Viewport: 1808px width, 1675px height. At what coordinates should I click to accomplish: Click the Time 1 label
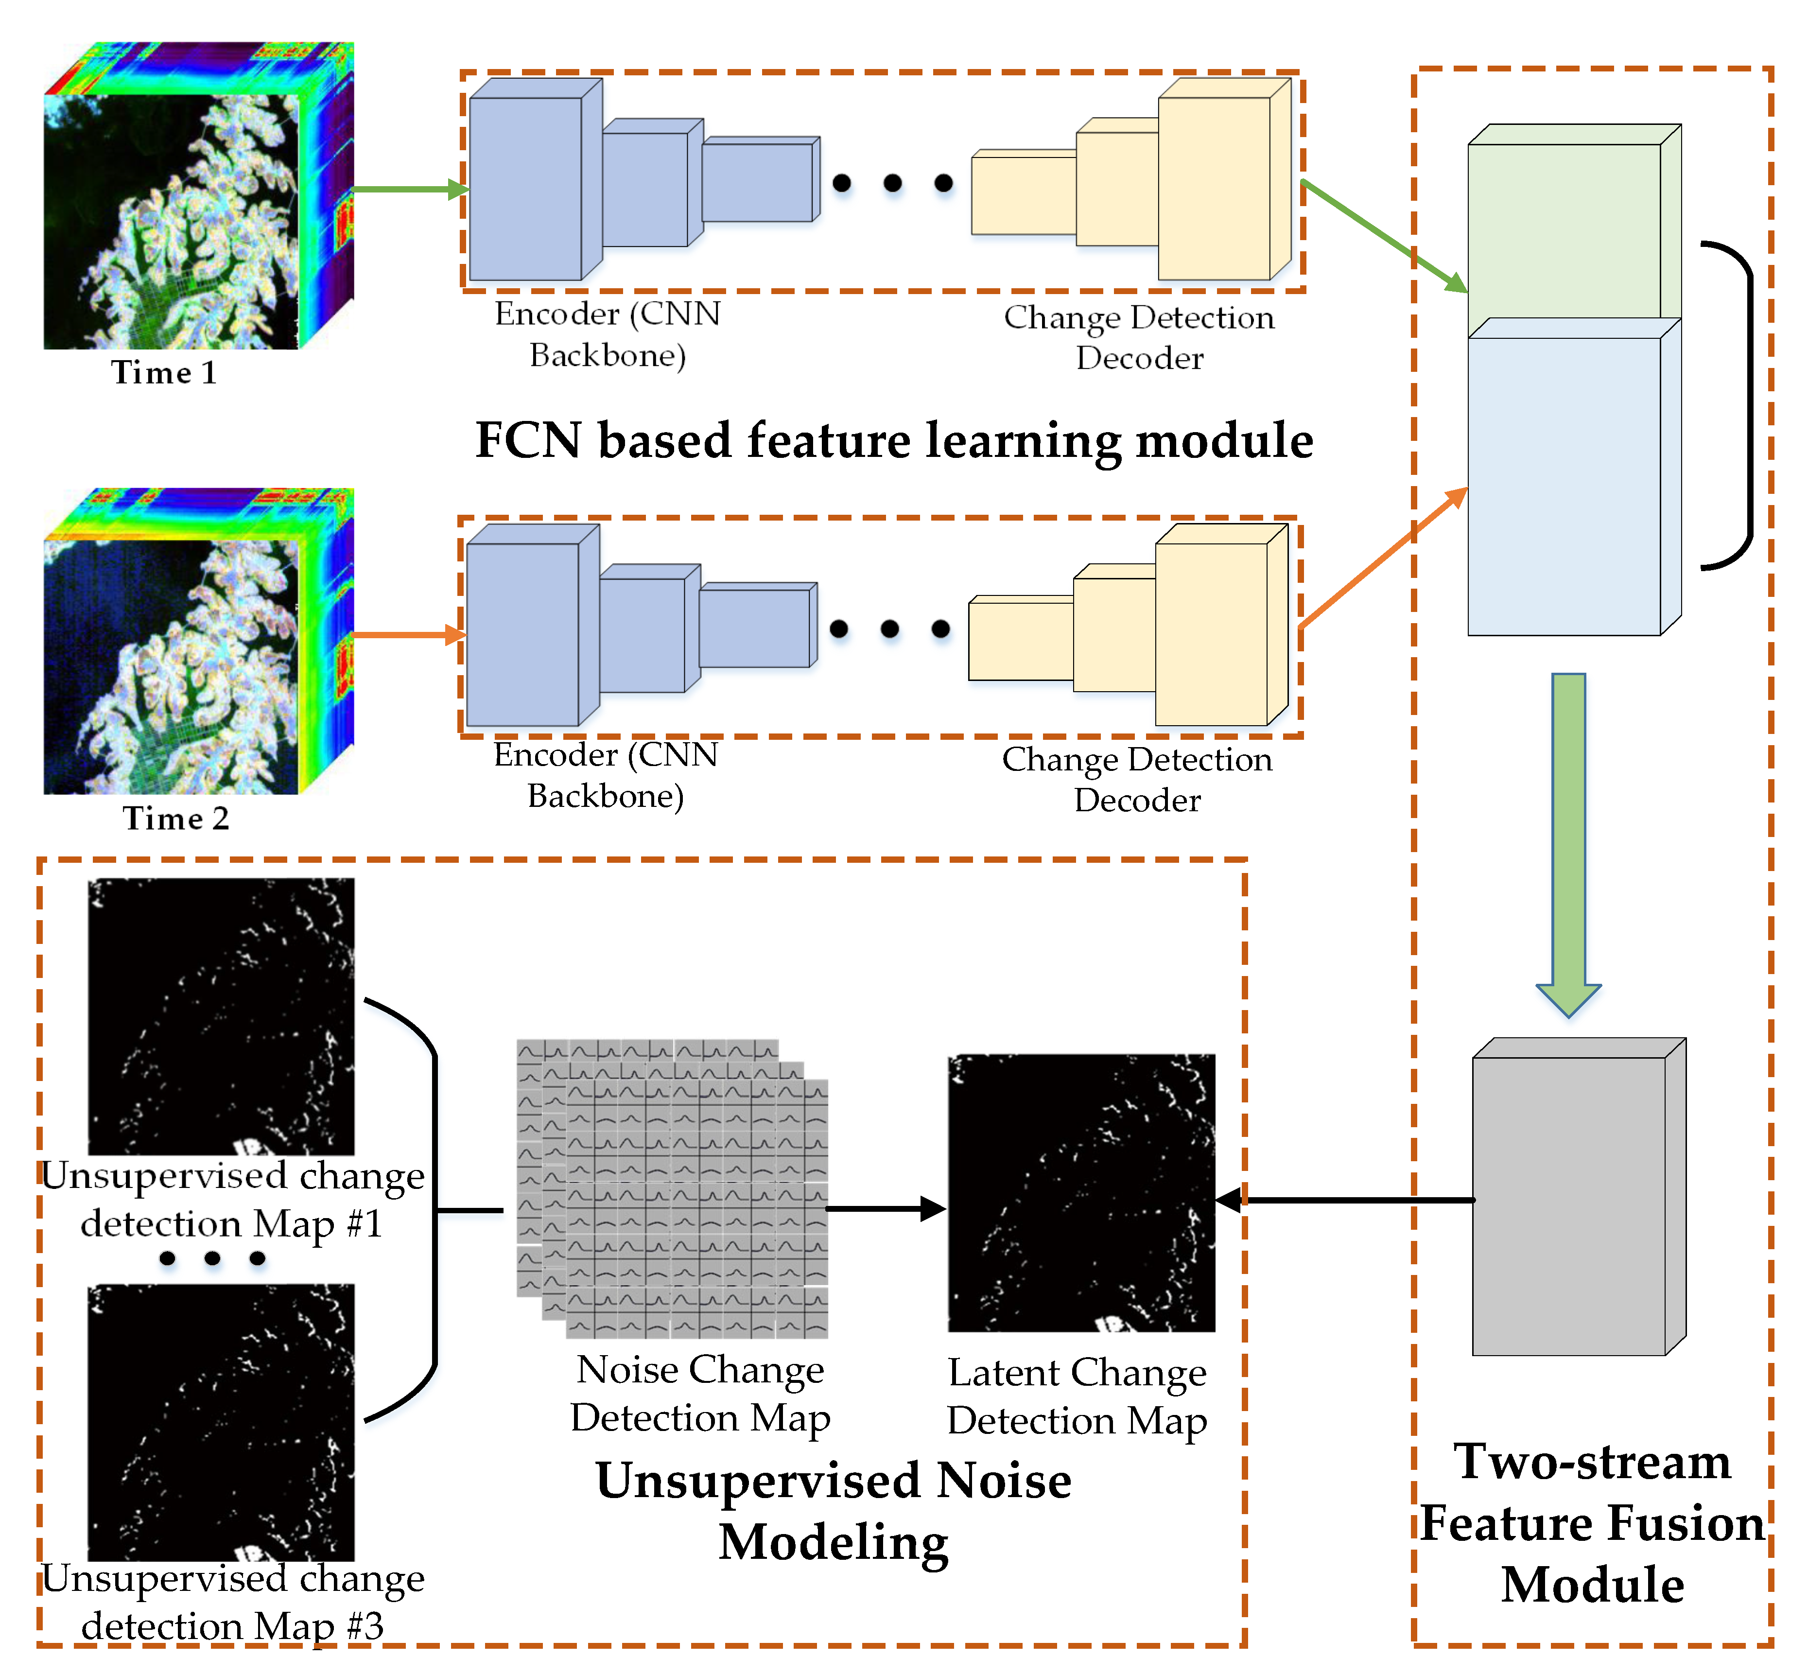(x=164, y=372)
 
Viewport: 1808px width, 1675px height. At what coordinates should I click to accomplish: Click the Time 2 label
(x=176, y=819)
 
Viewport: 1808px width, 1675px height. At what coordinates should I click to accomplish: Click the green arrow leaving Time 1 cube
(x=408, y=190)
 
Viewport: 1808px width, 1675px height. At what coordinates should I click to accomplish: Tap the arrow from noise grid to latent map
(x=884, y=1208)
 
